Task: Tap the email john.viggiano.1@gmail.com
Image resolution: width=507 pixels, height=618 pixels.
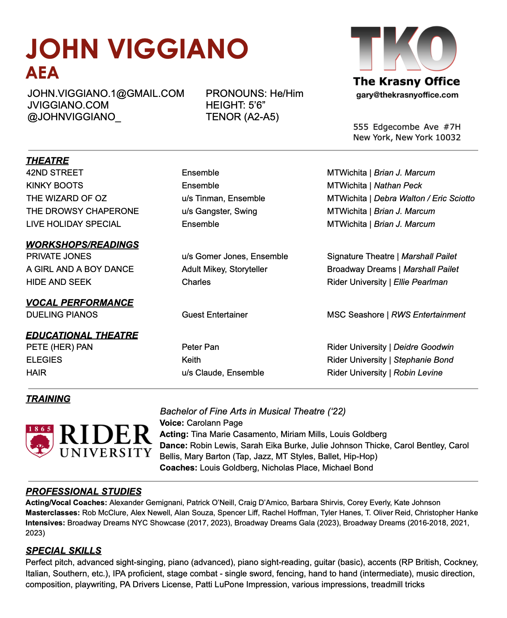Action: point(106,94)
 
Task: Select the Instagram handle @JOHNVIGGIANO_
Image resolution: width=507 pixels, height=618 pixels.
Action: point(74,117)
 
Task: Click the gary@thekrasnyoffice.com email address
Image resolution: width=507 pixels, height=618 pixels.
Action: point(407,95)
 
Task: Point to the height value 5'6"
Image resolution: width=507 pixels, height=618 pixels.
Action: point(257,105)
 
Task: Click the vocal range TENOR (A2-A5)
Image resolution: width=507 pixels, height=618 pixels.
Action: point(242,117)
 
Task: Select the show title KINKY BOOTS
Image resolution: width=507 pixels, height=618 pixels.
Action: point(55,186)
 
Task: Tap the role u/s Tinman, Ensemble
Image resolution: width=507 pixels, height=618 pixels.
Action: point(223,198)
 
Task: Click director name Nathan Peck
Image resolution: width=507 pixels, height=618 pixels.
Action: point(398,186)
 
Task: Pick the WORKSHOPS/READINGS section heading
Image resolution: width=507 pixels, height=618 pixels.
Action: point(82,245)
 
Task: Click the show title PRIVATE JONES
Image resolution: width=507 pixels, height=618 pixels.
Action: point(59,256)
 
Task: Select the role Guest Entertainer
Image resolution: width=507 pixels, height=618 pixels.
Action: point(215,315)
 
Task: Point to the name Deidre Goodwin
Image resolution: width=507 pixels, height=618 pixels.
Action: point(424,347)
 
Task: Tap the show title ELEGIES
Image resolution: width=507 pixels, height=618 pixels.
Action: point(44,360)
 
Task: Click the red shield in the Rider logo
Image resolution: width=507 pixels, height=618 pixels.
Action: point(39,441)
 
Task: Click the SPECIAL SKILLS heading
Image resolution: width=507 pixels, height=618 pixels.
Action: point(63,551)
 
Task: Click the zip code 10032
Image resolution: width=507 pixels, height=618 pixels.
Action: point(448,137)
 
